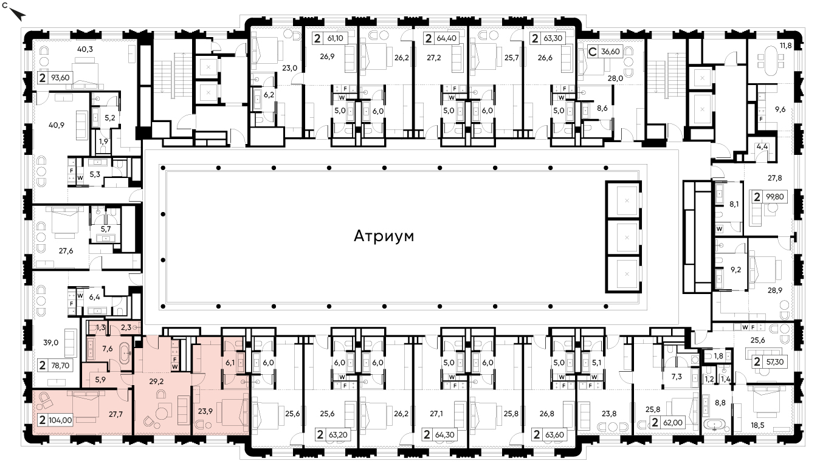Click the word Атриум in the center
[384, 236]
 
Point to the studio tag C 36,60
[605, 52]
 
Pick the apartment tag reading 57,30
[769, 362]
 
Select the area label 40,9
[57, 125]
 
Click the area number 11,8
[785, 46]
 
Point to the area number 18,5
[758, 425]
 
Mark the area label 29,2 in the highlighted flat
[156, 381]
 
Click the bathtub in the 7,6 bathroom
[125, 354]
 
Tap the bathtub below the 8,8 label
[714, 426]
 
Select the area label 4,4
[762, 147]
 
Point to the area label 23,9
[205, 411]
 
